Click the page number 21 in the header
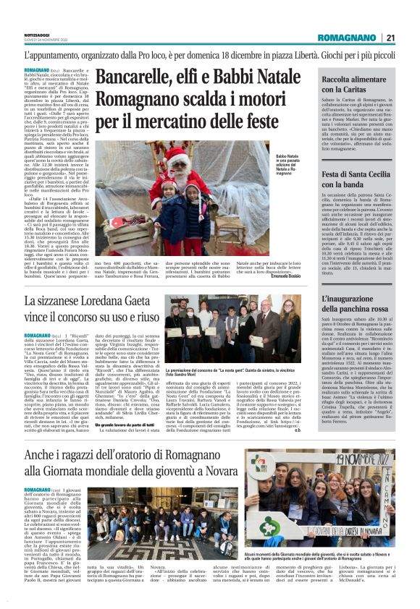click(390, 38)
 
